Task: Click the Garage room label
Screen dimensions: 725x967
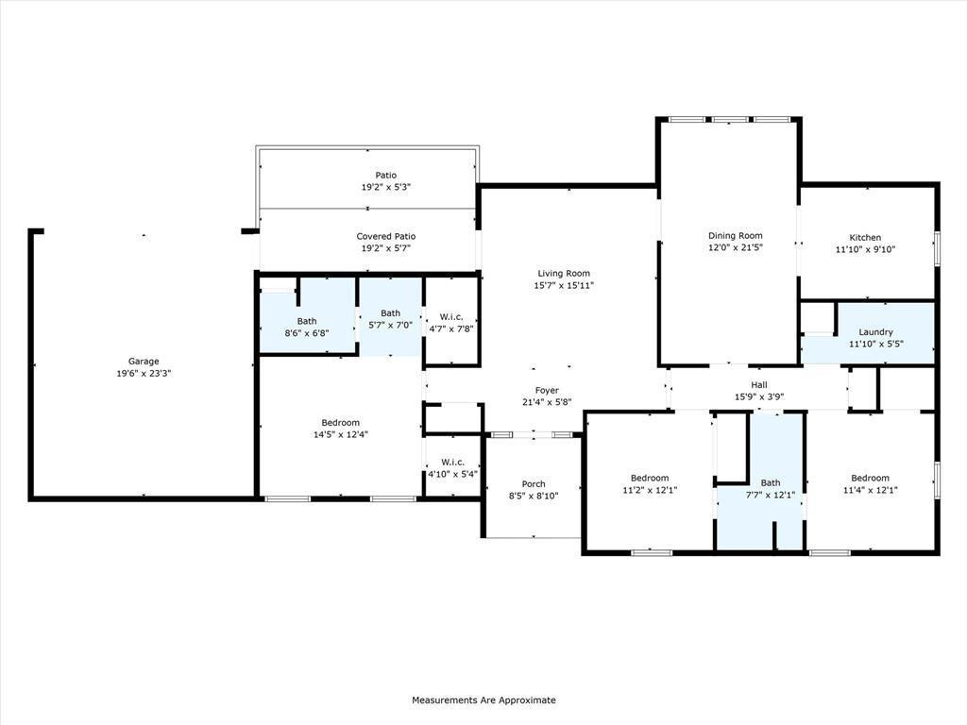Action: point(144,361)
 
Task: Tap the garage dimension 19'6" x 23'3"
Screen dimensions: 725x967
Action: point(144,373)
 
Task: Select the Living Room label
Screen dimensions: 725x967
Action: point(564,274)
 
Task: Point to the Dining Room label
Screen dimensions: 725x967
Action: point(736,236)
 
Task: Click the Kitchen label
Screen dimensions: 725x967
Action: point(865,238)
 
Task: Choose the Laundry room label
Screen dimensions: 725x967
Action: point(875,332)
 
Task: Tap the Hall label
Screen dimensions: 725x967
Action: point(759,384)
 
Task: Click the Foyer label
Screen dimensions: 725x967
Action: point(547,390)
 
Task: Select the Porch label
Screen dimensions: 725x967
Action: point(534,484)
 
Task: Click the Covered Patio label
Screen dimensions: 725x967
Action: point(385,236)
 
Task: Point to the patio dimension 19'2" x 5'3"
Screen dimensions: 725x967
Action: point(385,187)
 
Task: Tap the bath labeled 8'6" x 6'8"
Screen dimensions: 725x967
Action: point(307,327)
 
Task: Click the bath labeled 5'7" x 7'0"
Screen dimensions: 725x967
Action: point(390,319)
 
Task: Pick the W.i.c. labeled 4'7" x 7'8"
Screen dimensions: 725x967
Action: point(450,323)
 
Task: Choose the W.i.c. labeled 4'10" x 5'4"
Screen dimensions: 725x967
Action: point(452,467)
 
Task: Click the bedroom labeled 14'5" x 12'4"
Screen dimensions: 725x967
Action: point(340,429)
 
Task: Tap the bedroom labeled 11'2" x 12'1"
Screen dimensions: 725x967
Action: point(650,483)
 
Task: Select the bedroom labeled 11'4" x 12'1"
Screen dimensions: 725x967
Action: point(870,483)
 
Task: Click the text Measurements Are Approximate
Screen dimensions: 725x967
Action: point(483,700)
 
